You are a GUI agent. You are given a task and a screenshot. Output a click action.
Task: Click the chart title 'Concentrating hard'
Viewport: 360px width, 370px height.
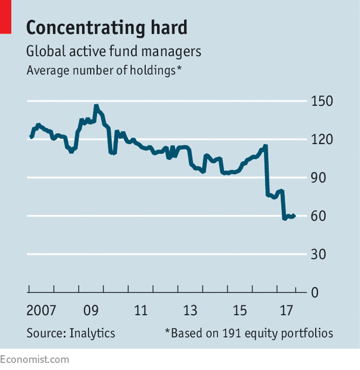pos(107,27)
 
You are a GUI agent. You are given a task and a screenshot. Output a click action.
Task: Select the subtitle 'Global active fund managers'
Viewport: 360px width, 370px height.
pos(114,52)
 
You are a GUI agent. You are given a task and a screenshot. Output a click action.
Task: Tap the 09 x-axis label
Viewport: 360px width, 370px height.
pos(91,311)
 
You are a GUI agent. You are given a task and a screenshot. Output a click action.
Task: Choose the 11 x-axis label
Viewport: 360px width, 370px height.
pos(140,311)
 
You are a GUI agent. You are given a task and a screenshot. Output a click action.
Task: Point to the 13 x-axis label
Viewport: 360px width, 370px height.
pos(190,311)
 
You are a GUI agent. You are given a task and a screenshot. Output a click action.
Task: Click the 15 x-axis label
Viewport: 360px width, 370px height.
pos(240,311)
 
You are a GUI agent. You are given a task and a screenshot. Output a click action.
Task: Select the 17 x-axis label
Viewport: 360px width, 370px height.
pos(287,311)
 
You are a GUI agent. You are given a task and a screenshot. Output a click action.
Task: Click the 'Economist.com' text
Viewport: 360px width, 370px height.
pos(34,359)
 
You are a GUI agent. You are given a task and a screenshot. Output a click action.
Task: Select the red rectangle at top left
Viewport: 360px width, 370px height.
pos(5,16)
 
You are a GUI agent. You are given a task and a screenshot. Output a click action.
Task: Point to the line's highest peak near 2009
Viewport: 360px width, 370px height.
pos(95,106)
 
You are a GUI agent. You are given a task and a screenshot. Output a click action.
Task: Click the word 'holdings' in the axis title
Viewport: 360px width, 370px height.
pos(152,70)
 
